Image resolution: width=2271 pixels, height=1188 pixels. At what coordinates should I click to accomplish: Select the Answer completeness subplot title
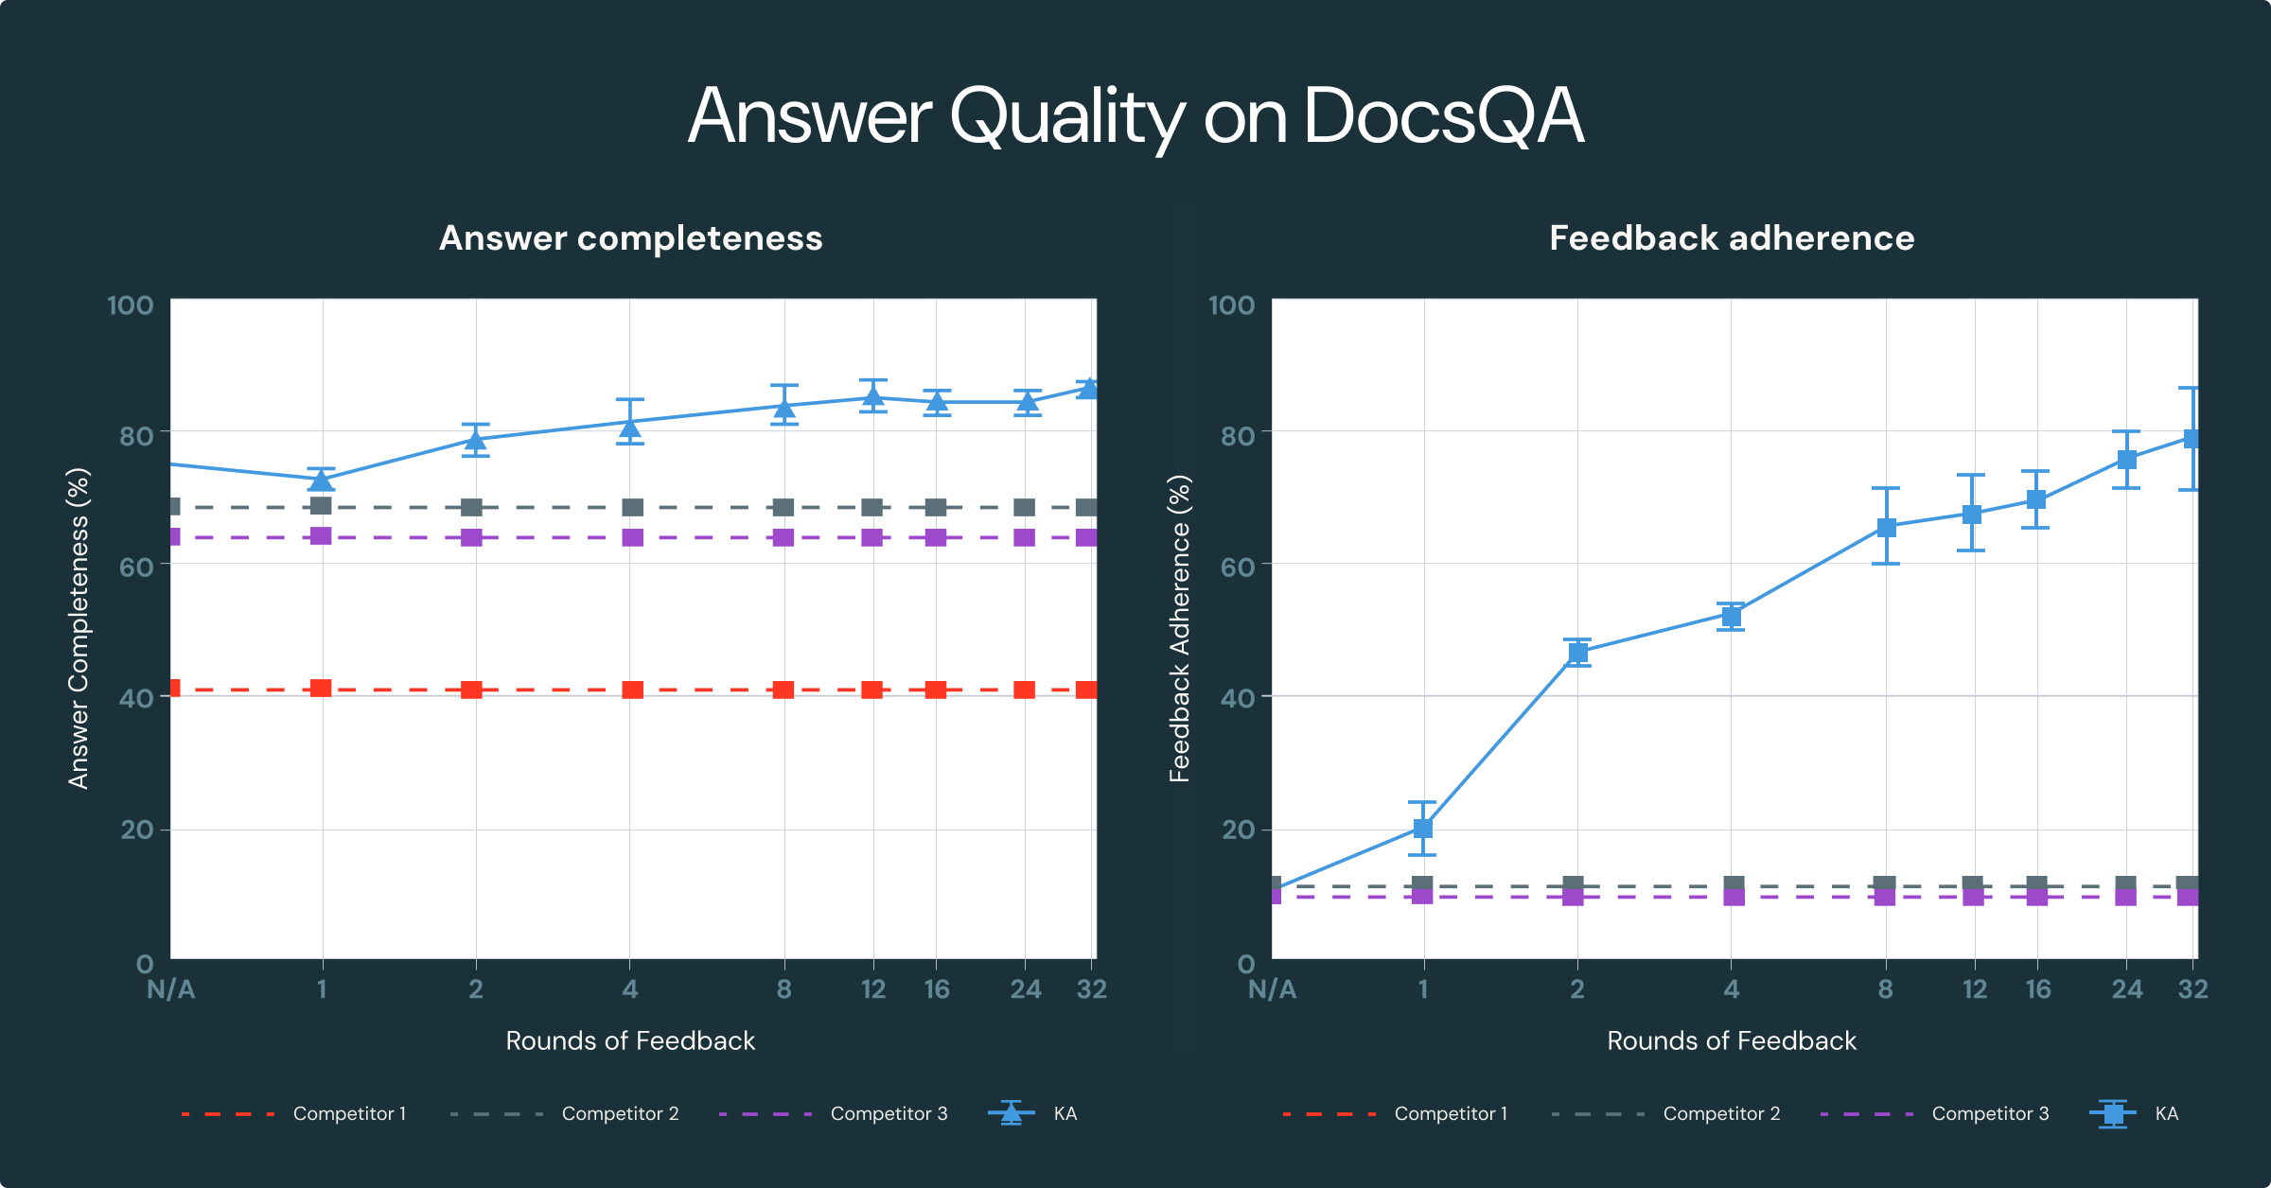point(631,238)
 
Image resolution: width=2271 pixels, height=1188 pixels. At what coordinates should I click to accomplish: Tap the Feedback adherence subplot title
point(1732,238)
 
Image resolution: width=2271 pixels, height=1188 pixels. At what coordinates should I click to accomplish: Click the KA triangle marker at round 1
point(322,480)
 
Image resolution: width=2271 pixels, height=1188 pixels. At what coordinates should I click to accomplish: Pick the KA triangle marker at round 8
point(784,408)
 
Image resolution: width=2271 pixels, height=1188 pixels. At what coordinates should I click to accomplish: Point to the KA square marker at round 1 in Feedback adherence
point(1422,829)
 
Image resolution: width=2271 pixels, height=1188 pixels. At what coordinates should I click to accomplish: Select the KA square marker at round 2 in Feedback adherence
point(1577,653)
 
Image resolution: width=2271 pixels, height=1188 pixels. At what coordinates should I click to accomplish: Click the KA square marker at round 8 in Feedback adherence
point(1886,527)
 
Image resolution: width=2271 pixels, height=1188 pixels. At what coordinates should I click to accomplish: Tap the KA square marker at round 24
point(2126,460)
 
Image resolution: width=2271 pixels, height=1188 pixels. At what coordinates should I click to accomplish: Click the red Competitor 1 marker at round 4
point(632,690)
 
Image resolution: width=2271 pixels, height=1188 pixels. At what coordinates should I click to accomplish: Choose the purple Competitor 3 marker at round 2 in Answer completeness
point(471,537)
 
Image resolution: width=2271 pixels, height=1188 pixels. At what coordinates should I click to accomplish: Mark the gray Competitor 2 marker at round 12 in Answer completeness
point(872,508)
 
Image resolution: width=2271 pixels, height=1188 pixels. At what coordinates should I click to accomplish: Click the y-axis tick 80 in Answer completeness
point(136,436)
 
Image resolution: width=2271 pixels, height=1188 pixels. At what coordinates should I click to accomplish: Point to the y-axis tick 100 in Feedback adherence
point(1231,306)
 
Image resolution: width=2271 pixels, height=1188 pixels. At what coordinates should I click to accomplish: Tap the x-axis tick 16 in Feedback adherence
point(2038,989)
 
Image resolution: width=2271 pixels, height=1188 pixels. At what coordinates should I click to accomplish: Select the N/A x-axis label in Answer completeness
point(171,989)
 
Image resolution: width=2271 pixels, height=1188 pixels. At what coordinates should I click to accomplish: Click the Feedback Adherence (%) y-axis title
point(1180,629)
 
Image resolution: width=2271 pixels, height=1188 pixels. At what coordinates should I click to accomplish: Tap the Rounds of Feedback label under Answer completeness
point(630,1041)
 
